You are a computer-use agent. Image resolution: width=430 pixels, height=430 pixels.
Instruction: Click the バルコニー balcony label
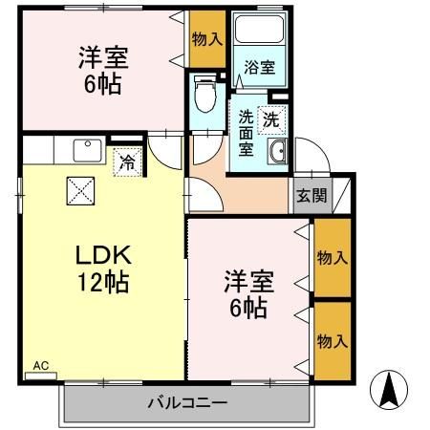coord(187,403)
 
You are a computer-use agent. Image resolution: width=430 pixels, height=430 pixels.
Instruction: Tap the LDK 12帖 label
coord(103,269)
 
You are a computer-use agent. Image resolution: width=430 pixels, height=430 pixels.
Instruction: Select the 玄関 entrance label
coord(312,195)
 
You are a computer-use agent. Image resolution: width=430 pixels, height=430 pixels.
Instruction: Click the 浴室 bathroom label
coord(260,67)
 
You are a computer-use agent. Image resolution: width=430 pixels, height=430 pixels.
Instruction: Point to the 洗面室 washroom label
coord(246,133)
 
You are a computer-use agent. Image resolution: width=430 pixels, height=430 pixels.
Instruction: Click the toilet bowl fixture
coord(204,94)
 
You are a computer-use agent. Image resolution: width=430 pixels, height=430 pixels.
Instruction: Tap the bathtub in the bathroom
coord(259,29)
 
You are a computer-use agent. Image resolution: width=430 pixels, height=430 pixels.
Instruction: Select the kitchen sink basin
coord(88,150)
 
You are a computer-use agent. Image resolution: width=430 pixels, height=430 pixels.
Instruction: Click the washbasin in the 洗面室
coord(278,150)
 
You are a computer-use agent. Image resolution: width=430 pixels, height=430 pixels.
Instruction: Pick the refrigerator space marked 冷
coord(127,161)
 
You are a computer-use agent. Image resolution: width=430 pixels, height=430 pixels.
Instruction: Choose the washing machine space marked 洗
coord(271,119)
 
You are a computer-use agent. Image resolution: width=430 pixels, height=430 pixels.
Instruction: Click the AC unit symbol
coord(41,376)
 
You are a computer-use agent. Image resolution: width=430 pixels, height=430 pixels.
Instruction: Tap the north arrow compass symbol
coord(389,390)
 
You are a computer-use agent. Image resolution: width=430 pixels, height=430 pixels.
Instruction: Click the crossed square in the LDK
coord(80,191)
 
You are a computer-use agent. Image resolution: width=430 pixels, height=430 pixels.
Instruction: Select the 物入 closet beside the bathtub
coord(207,39)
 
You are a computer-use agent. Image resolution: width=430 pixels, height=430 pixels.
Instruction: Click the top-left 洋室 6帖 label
coord(103,70)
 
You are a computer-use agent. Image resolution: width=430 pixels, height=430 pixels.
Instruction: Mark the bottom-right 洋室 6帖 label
coord(248,294)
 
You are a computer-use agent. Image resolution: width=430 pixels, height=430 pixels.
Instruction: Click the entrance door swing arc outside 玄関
coord(322,147)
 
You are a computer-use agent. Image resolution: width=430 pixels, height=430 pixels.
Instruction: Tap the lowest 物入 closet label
coord(333,341)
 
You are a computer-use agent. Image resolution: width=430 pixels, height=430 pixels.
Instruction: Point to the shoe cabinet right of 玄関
coord(341,195)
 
